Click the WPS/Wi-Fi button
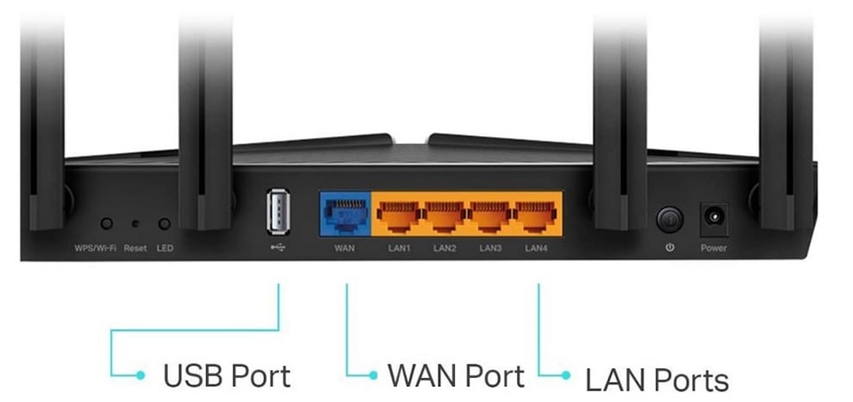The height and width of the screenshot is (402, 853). (107, 224)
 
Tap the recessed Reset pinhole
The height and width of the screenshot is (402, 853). (136, 225)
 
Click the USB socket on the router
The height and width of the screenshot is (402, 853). (276, 214)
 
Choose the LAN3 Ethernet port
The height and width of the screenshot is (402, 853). (490, 215)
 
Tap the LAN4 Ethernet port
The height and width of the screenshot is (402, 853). (537, 215)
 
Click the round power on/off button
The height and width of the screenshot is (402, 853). (668, 218)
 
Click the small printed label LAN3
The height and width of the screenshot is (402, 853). (490, 248)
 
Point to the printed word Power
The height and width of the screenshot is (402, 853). (713, 248)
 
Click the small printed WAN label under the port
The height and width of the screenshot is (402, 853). (345, 248)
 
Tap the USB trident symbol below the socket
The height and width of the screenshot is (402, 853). (276, 247)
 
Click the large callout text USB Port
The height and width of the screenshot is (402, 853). (227, 375)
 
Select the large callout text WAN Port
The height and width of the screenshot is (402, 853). (456, 375)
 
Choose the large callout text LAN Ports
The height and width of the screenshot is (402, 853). (657, 379)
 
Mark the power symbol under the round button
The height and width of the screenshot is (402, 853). (668, 248)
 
